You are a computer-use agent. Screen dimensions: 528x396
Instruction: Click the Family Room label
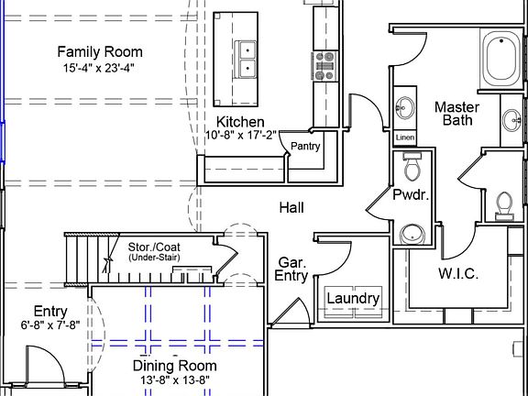(100, 52)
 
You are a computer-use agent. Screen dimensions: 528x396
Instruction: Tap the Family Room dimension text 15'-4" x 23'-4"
(99, 68)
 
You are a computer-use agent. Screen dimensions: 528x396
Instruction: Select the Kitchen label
(240, 122)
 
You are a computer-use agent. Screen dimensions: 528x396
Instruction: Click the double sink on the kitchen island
(246, 60)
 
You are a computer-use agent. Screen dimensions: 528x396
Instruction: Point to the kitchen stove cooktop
(324, 66)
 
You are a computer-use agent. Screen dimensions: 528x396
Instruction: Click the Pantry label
(305, 146)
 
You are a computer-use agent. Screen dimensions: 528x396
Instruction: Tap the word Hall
(291, 208)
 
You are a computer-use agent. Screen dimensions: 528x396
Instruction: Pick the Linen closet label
(405, 137)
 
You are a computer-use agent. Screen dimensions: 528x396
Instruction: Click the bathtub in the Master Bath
(500, 60)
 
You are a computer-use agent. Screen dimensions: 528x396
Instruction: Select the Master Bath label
(456, 114)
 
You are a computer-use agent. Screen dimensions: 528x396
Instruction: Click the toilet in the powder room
(412, 166)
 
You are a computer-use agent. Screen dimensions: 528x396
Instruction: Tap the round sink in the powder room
(412, 234)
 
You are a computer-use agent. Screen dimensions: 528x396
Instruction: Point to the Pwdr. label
(411, 195)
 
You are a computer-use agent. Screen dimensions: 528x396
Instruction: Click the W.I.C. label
(458, 274)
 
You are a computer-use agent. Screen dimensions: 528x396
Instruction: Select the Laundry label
(353, 298)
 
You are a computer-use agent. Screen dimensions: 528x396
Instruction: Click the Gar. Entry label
(291, 269)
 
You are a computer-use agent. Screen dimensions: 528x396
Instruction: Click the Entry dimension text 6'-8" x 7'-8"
(50, 325)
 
